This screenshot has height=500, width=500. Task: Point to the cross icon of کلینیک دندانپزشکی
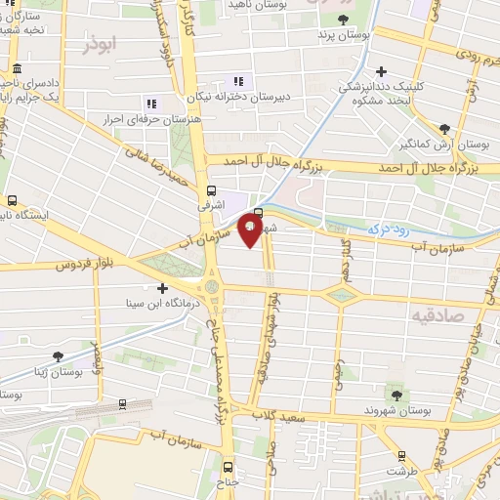click(x=382, y=71)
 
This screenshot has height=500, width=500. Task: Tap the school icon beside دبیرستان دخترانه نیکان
click(x=237, y=82)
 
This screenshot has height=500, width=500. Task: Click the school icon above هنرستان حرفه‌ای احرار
click(x=150, y=103)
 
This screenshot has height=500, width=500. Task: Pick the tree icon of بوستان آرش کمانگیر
click(x=444, y=129)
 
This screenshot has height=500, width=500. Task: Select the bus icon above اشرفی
click(x=212, y=191)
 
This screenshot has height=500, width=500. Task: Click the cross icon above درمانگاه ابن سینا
click(x=163, y=287)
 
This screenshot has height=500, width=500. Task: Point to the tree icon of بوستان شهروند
click(x=396, y=395)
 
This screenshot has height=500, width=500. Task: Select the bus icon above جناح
click(x=228, y=467)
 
